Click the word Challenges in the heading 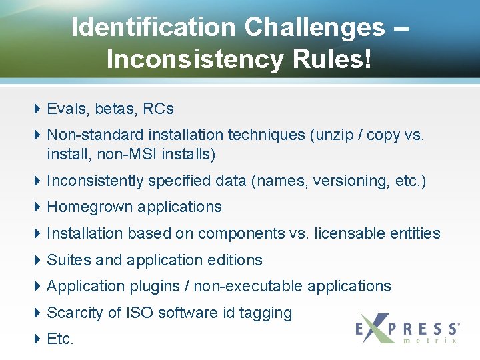click(314, 27)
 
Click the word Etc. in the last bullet click(60, 339)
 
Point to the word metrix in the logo click(431, 341)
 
